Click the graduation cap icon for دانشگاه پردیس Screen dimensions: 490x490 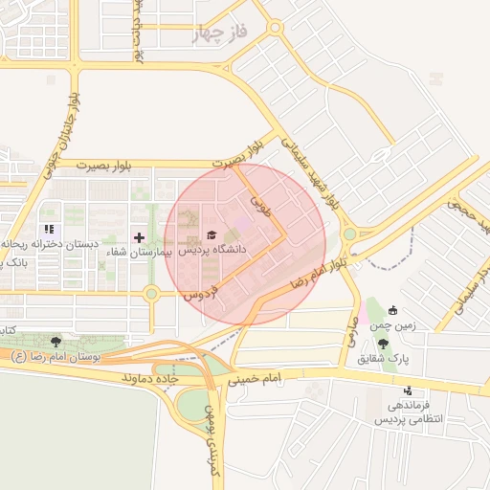coord(212,234)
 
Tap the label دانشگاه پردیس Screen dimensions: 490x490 coord(212,249)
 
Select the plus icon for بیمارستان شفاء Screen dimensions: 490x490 coord(139,236)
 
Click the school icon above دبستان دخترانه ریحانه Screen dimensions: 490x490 coord(48,230)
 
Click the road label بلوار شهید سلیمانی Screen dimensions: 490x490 coord(310,171)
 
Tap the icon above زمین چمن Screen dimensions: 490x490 coord(393,310)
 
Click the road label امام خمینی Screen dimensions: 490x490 coord(255,379)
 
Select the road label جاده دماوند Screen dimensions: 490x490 coord(150,379)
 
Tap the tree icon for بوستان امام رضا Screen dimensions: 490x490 coord(56,341)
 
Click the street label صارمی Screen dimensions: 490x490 coord(351,331)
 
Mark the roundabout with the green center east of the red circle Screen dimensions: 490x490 coord(349,234)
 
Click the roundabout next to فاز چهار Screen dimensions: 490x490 coord(275,29)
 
